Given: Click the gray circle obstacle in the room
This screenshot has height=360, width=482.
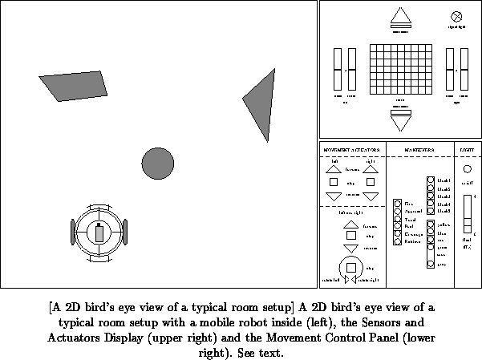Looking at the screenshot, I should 157,163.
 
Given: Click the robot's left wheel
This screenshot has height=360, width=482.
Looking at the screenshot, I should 75,232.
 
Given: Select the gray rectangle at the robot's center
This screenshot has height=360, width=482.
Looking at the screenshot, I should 99,233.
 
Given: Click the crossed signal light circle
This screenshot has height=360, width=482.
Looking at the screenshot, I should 457,16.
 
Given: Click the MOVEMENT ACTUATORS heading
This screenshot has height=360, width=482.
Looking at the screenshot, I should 351,150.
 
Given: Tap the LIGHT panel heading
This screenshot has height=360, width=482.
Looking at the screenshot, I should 467,150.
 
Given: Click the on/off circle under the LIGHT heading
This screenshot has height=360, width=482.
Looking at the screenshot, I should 468,169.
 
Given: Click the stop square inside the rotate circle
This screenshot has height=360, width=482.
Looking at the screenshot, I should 350,267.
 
